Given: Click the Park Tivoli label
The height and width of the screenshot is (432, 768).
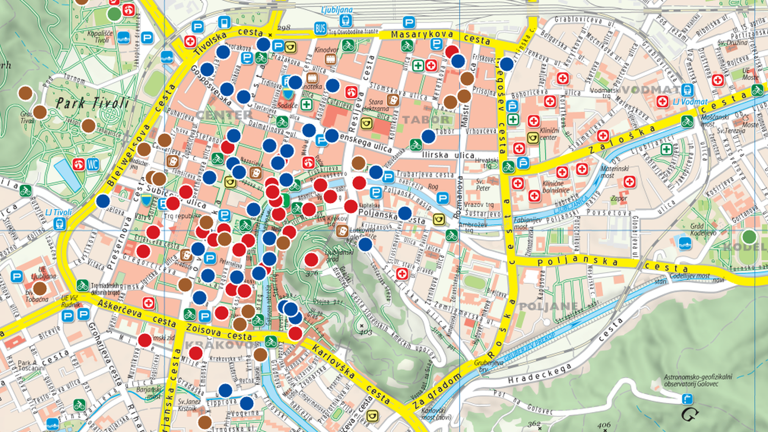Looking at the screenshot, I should pyautogui.click(x=92, y=103).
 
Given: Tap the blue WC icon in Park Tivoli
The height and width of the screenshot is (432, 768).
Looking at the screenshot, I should pyautogui.click(x=93, y=164).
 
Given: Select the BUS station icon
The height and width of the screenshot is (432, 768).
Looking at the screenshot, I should pyautogui.click(x=321, y=29).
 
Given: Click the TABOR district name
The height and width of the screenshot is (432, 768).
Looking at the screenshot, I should pyautogui.click(x=426, y=120).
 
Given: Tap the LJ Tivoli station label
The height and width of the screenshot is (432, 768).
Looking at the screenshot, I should pyautogui.click(x=58, y=212).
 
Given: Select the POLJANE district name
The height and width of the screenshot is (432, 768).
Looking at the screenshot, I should pyautogui.click(x=548, y=307).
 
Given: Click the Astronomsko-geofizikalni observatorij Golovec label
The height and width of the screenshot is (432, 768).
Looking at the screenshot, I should pyautogui.click(x=697, y=380).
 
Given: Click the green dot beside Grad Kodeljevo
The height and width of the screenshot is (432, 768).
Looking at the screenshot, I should pyautogui.click(x=749, y=237).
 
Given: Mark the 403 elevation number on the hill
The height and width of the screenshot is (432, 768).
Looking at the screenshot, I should pyautogui.click(x=366, y=332).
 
